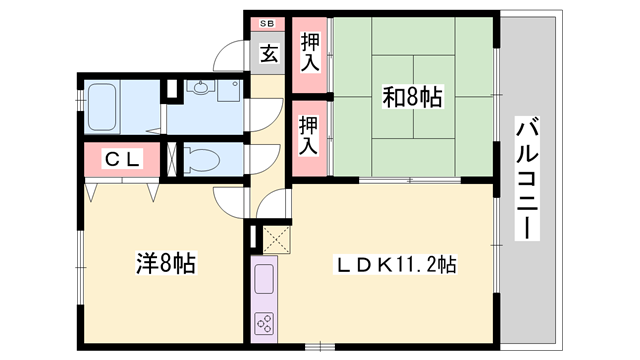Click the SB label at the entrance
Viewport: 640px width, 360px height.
click(x=267, y=23)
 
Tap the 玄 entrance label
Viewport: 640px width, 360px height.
click(x=269, y=54)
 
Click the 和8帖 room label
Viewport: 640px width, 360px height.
click(x=412, y=98)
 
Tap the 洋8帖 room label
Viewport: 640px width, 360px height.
click(x=165, y=265)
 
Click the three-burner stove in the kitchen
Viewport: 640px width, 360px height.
click(x=267, y=324)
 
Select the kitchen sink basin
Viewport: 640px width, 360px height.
click(x=267, y=275)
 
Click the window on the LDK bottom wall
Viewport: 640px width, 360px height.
click(x=319, y=346)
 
